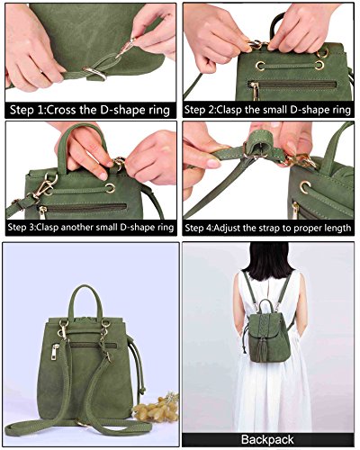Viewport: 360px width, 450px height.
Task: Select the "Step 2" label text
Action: [202, 110]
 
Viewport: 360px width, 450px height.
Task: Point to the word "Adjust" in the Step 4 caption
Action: [237, 228]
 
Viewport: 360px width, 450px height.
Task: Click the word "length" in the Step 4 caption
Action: [335, 228]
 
